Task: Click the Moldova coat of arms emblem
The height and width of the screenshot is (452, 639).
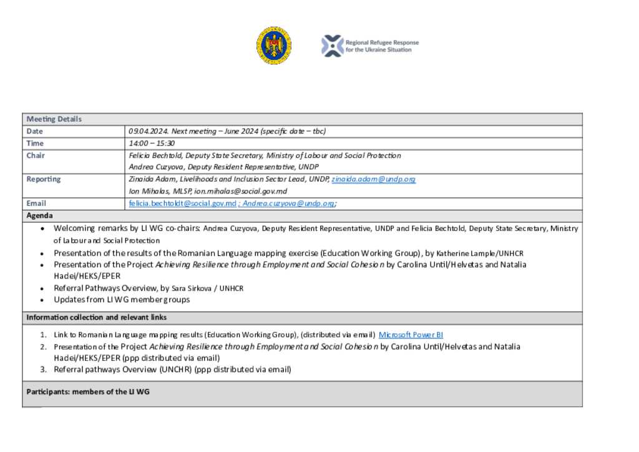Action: coord(273,46)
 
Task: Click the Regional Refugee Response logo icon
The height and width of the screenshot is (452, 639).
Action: coord(332,46)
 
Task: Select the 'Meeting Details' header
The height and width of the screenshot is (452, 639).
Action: coord(54,119)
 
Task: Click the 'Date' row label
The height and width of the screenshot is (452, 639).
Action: coord(34,131)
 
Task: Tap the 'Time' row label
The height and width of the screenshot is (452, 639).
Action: coord(35,144)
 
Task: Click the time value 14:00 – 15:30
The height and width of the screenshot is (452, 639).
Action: coord(152,144)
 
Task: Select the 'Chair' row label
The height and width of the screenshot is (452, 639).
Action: coord(36,155)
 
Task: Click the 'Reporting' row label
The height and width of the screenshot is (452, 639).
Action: coord(44,179)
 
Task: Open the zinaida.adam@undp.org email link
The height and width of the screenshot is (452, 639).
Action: coord(373,179)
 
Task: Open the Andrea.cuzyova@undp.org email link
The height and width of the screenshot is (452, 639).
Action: coord(289,204)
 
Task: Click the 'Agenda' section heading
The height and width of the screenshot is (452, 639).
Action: coord(39,215)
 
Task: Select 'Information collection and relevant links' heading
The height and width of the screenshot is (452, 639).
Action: coord(96,318)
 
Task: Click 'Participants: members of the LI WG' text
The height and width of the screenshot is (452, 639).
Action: coord(87,391)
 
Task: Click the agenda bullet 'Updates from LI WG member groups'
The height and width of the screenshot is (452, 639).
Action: coord(122,300)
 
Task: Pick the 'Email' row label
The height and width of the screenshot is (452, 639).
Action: coord(36,204)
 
